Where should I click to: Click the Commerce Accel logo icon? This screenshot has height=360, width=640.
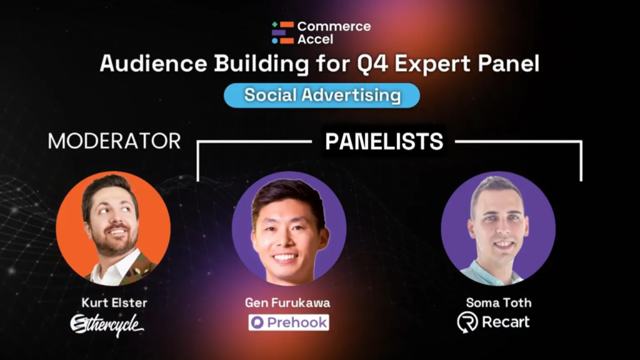pyautogui.click(x=283, y=32)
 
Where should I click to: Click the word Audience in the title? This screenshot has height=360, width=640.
pyautogui.click(x=154, y=64)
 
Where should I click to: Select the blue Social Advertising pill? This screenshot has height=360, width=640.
pyautogui.click(x=322, y=96)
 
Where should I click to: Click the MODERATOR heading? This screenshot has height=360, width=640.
pyautogui.click(x=114, y=141)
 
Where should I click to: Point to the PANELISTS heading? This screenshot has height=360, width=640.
pyautogui.click(x=384, y=142)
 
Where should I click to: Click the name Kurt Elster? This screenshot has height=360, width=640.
pyautogui.click(x=114, y=303)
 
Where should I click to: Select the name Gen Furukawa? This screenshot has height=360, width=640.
pyautogui.click(x=287, y=303)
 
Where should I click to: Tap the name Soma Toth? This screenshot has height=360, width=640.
pyautogui.click(x=499, y=303)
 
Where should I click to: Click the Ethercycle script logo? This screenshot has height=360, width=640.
pyautogui.click(x=107, y=325)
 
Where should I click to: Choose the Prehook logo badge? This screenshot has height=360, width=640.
pyautogui.click(x=289, y=322)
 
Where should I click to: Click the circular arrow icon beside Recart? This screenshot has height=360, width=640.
pyautogui.click(x=467, y=322)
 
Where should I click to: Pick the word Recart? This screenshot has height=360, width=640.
pyautogui.click(x=506, y=322)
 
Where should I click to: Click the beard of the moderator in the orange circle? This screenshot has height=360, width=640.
pyautogui.click(x=113, y=244)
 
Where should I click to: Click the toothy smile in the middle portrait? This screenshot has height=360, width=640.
pyautogui.click(x=285, y=258)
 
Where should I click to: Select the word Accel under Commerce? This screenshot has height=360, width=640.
pyautogui.click(x=315, y=39)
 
